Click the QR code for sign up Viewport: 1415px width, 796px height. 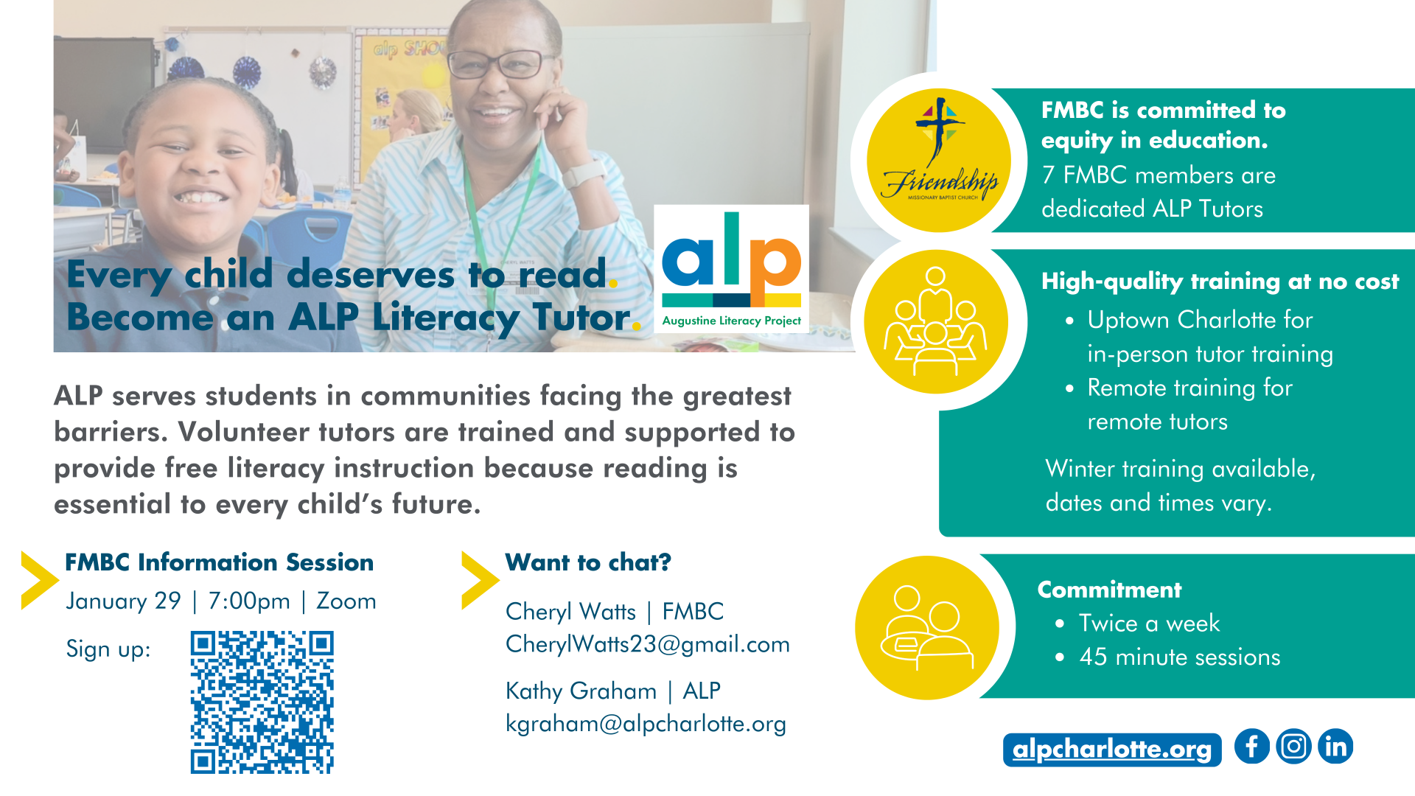pyautogui.click(x=262, y=702)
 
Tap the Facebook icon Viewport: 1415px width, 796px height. pyautogui.click(x=1251, y=747)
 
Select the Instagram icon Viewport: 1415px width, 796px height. pyautogui.click(x=1293, y=747)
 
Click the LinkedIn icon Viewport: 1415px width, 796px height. pyautogui.click(x=1335, y=747)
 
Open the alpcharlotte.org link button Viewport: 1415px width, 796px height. pyautogui.click(x=1112, y=750)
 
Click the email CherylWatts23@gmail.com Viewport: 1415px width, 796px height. pyautogui.click(x=647, y=644)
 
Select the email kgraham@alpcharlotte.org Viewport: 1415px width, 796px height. pyautogui.click(x=646, y=724)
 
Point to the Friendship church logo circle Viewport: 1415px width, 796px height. pyautogui.click(x=939, y=161)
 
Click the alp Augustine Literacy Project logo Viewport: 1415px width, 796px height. pyautogui.click(x=731, y=269)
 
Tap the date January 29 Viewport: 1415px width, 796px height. pyautogui.click(x=123, y=601)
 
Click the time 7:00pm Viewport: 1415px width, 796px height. pyautogui.click(x=249, y=601)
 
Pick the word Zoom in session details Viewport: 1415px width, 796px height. pyautogui.click(x=346, y=601)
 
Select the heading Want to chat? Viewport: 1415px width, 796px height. pyautogui.click(x=588, y=562)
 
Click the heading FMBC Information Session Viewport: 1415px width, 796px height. pyautogui.click(x=219, y=562)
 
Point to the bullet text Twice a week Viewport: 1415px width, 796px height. pyautogui.click(x=1149, y=624)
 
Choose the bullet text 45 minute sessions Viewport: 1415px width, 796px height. pyautogui.click(x=1180, y=657)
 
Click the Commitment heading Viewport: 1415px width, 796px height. pyautogui.click(x=1109, y=590)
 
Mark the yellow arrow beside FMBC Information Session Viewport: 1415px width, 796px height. pyautogui.click(x=40, y=580)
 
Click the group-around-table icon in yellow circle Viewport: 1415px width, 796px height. pyautogui.click(x=936, y=322)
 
